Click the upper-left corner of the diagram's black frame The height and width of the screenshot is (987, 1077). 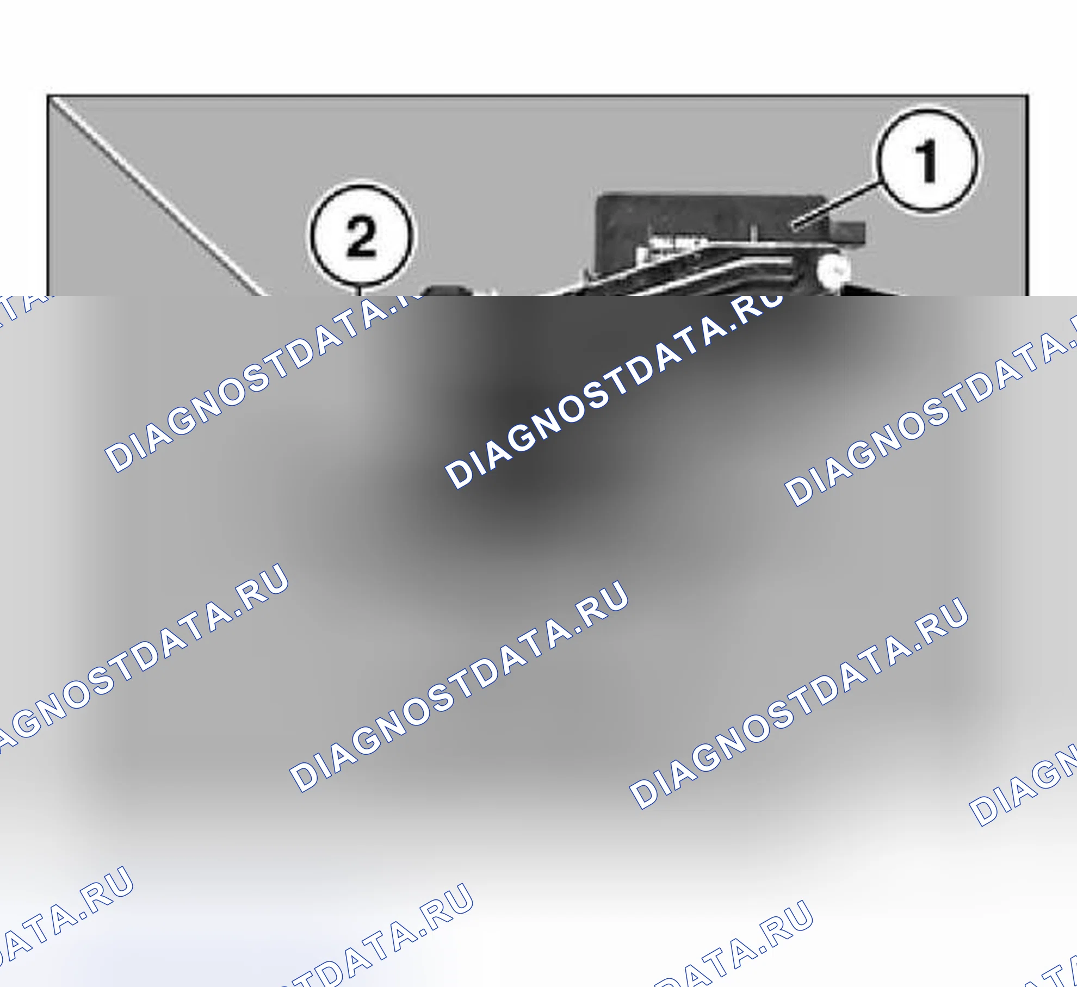point(48,96)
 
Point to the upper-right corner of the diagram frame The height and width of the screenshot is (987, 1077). point(1028,96)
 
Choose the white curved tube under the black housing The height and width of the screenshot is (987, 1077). point(691,275)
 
